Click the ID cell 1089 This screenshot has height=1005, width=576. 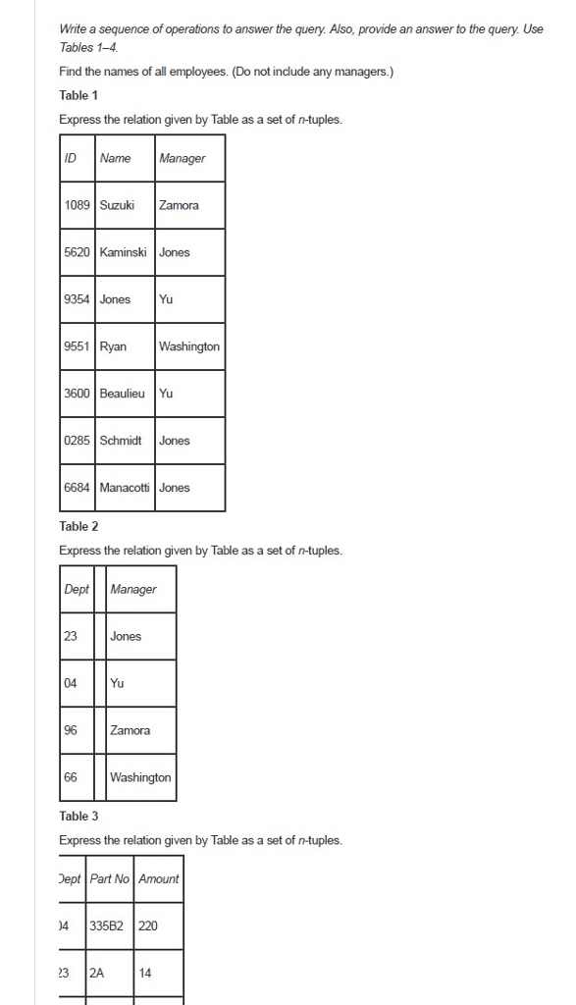(x=77, y=205)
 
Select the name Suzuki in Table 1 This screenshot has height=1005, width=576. (x=117, y=205)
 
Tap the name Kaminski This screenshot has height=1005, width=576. (x=123, y=252)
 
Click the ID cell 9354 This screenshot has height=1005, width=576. (x=77, y=299)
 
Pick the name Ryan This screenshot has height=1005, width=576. (x=113, y=346)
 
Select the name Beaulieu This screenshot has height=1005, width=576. (x=122, y=394)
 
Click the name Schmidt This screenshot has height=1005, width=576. (x=121, y=441)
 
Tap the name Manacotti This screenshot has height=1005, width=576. (x=125, y=488)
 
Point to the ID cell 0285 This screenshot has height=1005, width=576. (x=77, y=441)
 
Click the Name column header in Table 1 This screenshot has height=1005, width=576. (x=115, y=158)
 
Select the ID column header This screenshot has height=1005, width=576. (x=71, y=158)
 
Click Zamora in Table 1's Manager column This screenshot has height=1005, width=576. (x=179, y=205)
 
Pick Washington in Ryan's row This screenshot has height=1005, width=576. (x=189, y=346)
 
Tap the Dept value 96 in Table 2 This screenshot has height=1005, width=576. (x=71, y=730)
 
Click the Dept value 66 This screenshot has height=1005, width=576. (x=71, y=777)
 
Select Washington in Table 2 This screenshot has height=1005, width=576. (x=140, y=777)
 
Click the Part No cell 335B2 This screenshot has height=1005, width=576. (x=107, y=926)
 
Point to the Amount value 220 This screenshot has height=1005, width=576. (x=148, y=926)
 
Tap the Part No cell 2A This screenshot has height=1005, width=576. (x=96, y=973)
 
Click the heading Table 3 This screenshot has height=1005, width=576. (x=79, y=816)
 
